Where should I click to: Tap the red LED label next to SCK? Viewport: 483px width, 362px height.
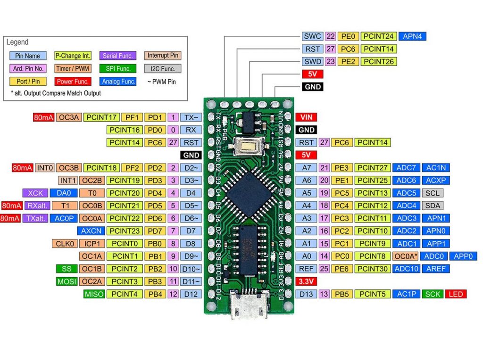coord(456,294)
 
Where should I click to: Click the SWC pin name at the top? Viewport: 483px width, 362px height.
coord(312,36)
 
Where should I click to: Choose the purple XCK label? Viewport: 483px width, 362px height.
coord(35,193)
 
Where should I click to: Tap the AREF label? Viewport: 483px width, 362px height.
coord(436,269)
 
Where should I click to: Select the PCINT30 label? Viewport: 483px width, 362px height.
coord(373,269)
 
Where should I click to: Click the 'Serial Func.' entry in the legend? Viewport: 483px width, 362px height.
coord(117,56)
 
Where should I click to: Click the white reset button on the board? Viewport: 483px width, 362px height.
coord(248,147)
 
